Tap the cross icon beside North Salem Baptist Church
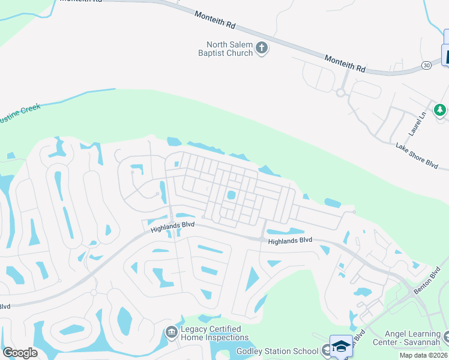pos(261,48)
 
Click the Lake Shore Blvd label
pos(417,154)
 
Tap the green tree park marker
pos(440,110)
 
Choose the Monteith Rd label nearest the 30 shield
pos(345,64)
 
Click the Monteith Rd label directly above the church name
pos(215,20)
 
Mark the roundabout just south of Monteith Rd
pos(341,92)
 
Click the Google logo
pos(20,353)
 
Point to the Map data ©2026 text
pos(424,355)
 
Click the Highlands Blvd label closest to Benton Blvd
pos(291,241)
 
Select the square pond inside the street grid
pos(231,196)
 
